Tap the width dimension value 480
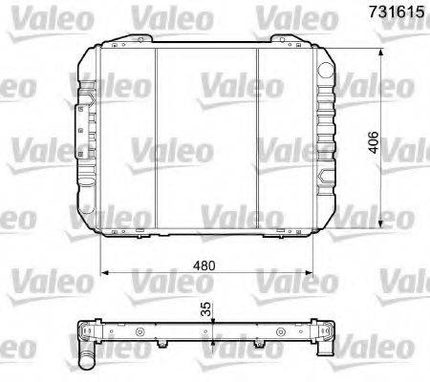(x=209, y=264)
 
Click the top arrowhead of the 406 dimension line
(x=382, y=48)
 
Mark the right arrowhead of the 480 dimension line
(x=312, y=273)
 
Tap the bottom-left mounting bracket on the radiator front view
(x=120, y=232)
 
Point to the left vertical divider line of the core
(x=155, y=138)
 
